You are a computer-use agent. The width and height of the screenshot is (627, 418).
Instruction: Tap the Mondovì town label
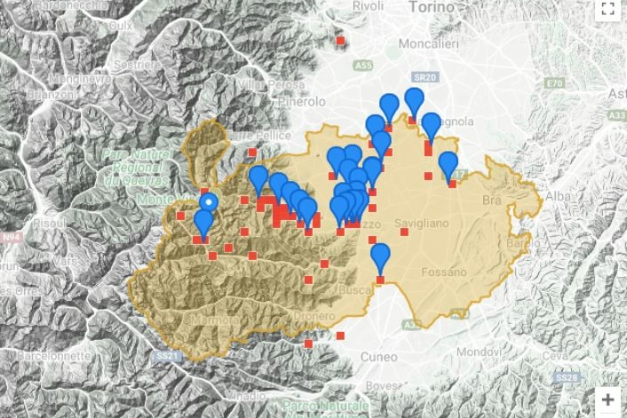(x=497, y=351)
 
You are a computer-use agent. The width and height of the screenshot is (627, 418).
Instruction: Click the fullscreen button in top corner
(x=608, y=10)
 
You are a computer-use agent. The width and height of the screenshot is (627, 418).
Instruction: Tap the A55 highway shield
(x=361, y=66)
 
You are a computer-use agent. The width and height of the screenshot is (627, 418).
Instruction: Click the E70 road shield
(x=556, y=83)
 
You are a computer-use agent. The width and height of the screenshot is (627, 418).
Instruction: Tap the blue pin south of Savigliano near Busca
(x=380, y=258)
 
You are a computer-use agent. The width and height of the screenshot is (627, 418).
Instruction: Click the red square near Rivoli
(x=340, y=40)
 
